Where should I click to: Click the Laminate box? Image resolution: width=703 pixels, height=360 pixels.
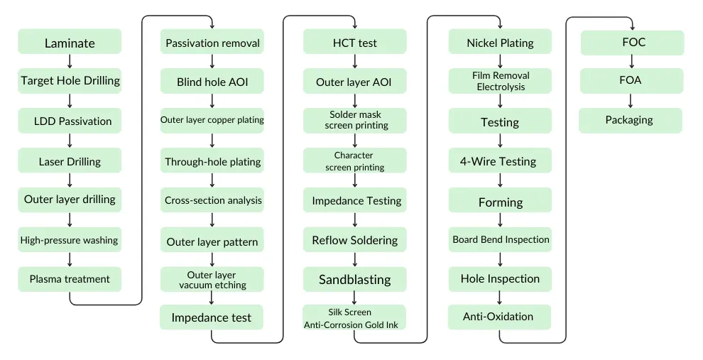70,43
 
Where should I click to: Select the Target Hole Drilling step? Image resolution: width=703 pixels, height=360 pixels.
70,81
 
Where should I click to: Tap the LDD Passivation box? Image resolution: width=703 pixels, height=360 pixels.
70,121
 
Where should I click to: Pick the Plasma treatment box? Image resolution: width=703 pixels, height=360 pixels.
70,279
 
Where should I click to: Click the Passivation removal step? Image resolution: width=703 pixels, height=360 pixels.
212,43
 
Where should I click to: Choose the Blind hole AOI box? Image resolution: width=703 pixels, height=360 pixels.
212,82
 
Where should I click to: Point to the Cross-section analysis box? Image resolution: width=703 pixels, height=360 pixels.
212,200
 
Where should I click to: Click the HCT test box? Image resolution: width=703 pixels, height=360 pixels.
355,43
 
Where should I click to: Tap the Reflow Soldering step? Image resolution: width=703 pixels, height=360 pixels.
355,240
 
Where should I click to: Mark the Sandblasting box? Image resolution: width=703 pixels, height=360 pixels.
355,279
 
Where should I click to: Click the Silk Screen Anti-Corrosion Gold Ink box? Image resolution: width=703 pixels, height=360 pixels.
354,318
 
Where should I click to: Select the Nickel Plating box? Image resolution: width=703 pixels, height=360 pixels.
500,43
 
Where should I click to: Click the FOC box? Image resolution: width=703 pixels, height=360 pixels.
633,43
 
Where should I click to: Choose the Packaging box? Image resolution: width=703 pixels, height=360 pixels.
630,120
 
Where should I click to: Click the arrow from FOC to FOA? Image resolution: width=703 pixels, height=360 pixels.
631,62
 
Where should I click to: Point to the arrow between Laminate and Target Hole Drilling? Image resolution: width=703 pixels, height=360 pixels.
70,62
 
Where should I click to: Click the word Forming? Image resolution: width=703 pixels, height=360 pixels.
500,202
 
